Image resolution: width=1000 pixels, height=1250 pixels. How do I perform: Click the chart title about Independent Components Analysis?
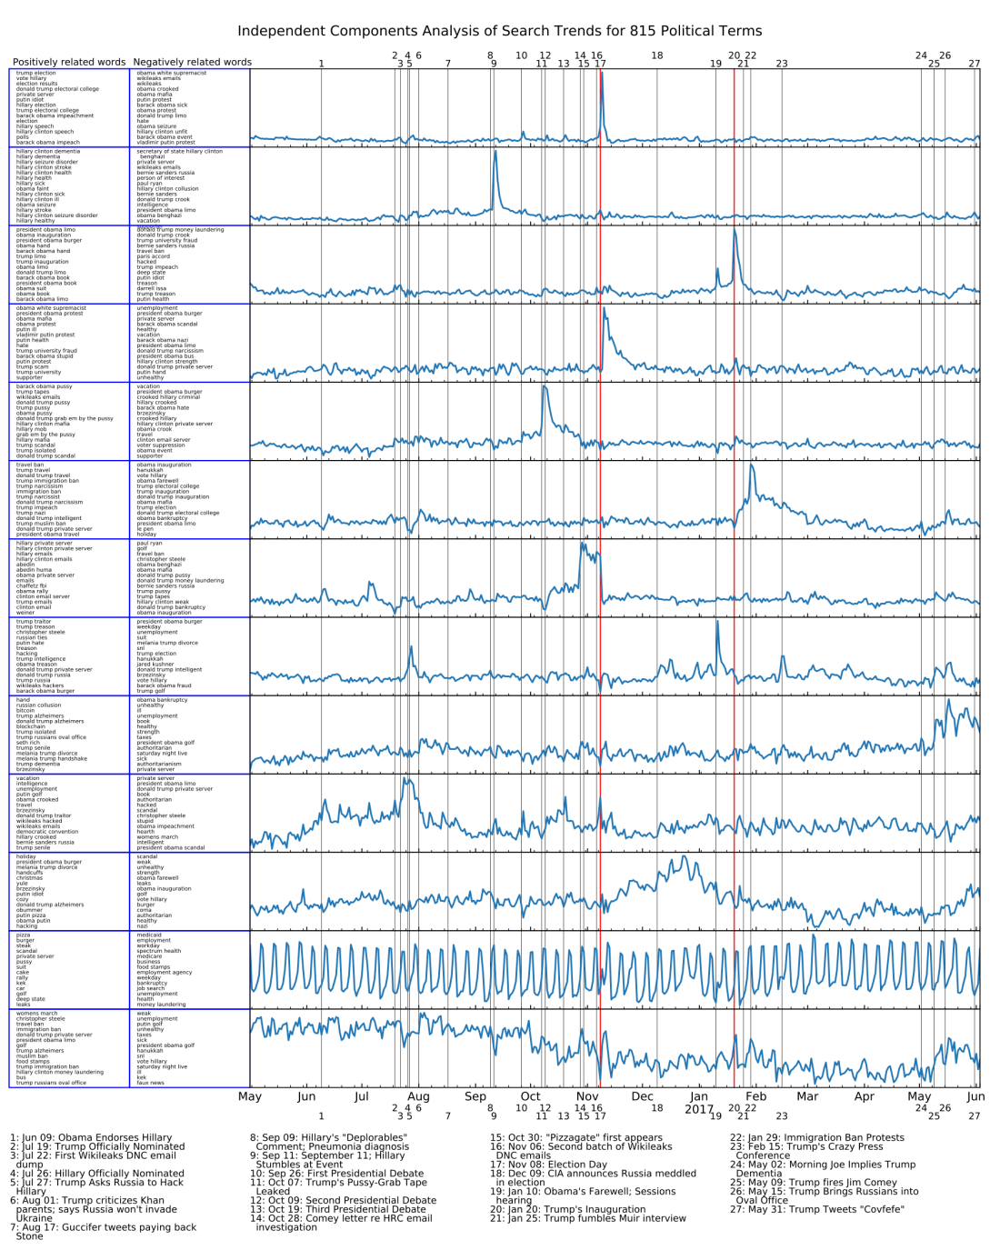click(x=499, y=31)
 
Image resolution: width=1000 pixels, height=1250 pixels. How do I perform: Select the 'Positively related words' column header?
click(x=69, y=63)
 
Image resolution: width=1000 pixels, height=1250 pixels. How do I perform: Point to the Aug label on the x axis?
click(x=418, y=1096)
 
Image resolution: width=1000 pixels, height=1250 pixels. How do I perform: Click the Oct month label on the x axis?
click(x=530, y=1096)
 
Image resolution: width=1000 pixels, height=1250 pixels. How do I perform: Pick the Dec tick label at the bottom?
click(x=642, y=1096)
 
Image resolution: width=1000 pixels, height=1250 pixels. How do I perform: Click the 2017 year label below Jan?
click(x=699, y=1109)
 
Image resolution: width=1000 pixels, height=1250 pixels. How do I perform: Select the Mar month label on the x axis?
click(x=807, y=1096)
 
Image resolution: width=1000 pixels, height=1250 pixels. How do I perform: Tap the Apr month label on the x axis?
click(x=864, y=1096)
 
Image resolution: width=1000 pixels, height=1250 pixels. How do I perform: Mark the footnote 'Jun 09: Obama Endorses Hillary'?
click(x=91, y=1137)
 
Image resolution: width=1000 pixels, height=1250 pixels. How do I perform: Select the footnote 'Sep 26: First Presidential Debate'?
click(x=336, y=1174)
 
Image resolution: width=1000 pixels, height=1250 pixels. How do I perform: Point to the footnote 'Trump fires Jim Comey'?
click(x=801, y=1183)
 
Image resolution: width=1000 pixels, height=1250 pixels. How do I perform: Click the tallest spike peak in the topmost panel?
click(x=602, y=73)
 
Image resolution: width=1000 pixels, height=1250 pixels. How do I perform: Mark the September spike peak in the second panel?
click(x=495, y=152)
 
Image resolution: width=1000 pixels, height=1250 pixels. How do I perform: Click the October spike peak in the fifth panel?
click(x=544, y=387)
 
